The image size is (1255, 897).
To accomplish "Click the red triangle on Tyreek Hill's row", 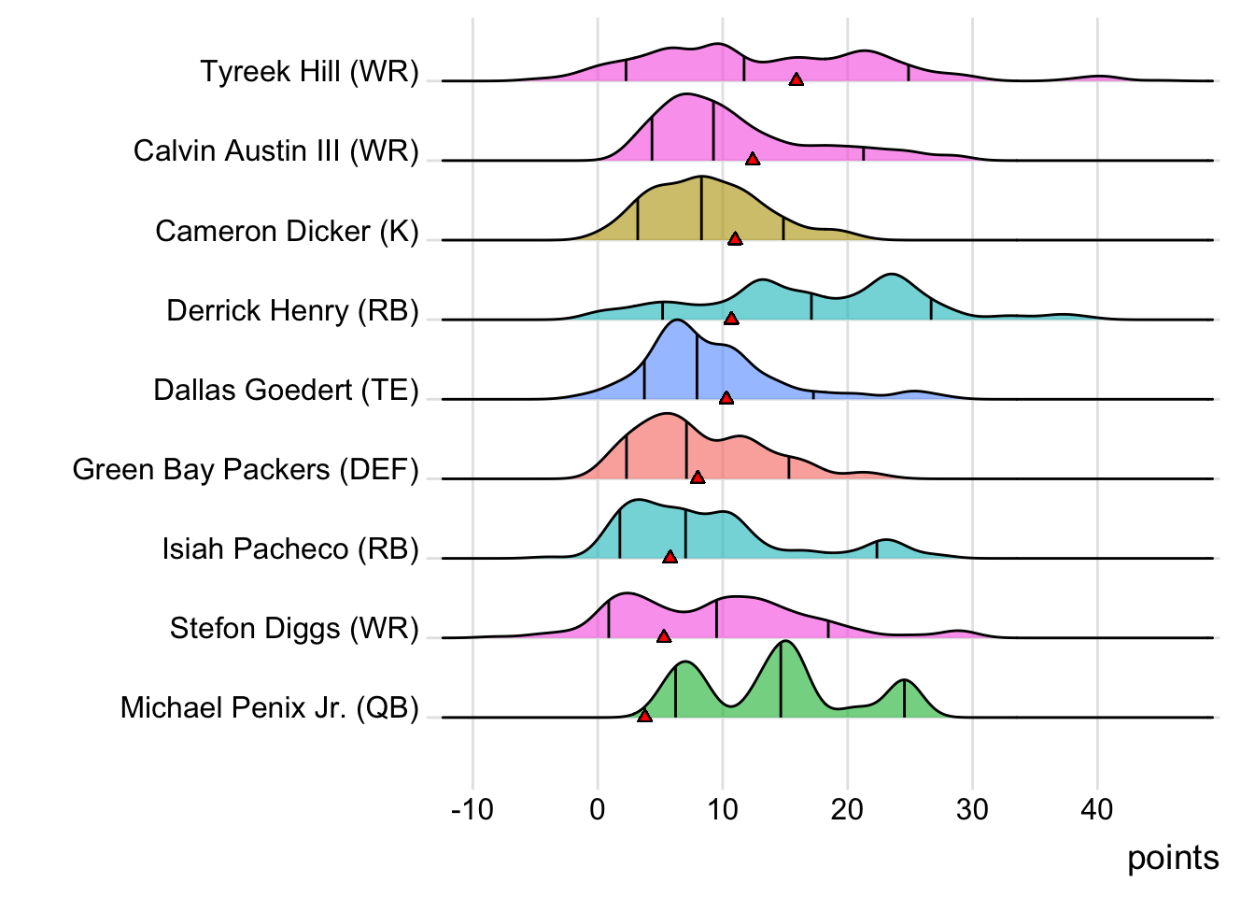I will pyautogui.click(x=796, y=79).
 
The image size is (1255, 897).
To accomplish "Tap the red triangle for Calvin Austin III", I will pyautogui.click(x=753, y=159).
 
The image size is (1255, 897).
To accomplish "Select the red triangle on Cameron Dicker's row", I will pyautogui.click(x=735, y=238).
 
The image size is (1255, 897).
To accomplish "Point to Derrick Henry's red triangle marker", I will pyautogui.click(x=731, y=319).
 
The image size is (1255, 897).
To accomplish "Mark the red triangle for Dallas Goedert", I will pyautogui.click(x=726, y=398).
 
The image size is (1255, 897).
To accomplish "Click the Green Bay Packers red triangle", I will pyautogui.click(x=698, y=477).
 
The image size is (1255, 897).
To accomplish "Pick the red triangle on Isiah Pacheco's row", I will pyautogui.click(x=670, y=557).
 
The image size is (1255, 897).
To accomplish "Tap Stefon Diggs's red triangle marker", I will pyautogui.click(x=664, y=636).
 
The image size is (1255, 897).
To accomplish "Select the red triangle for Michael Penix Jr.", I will pyautogui.click(x=644, y=716).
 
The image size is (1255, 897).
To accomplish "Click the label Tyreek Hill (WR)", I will pyautogui.click(x=309, y=71).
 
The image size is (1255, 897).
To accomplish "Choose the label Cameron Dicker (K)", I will pyautogui.click(x=287, y=231).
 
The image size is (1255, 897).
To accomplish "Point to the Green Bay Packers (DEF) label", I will pyautogui.click(x=246, y=469).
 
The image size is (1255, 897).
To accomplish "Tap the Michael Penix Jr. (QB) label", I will pyautogui.click(x=269, y=707).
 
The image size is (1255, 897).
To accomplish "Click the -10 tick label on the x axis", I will pyautogui.click(x=472, y=809).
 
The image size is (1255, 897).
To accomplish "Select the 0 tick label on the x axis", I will pyautogui.click(x=598, y=809).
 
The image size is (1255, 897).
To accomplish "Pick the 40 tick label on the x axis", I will pyautogui.click(x=1097, y=809).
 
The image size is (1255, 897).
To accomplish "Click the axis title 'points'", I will pyautogui.click(x=1173, y=858).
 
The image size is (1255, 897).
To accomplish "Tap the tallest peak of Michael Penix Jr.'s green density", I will pyautogui.click(x=784, y=642).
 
